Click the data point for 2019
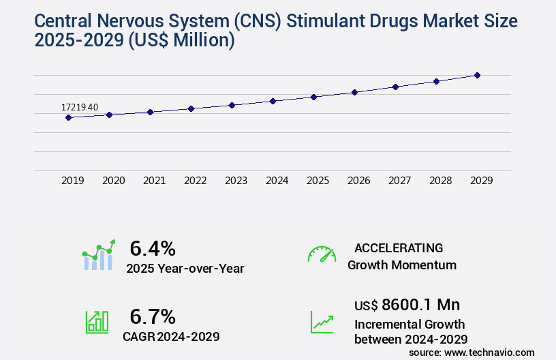click(x=68, y=117)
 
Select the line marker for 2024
click(x=273, y=101)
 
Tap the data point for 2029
click(x=477, y=75)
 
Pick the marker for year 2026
click(x=354, y=92)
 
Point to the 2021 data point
click(x=150, y=112)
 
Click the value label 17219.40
click(x=80, y=107)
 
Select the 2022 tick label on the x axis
click(x=195, y=181)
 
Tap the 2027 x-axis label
click(x=399, y=181)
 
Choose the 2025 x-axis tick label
click(x=318, y=181)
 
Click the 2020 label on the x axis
click(x=113, y=181)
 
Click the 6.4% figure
click(x=153, y=248)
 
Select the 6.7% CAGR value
click(x=153, y=316)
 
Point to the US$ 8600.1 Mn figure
click(x=406, y=305)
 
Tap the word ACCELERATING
click(x=399, y=248)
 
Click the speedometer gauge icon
click(x=322, y=254)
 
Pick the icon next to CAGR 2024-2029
click(x=97, y=322)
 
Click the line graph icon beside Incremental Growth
click(x=322, y=322)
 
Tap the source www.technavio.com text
click(x=472, y=352)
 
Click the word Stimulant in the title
click(x=324, y=20)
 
